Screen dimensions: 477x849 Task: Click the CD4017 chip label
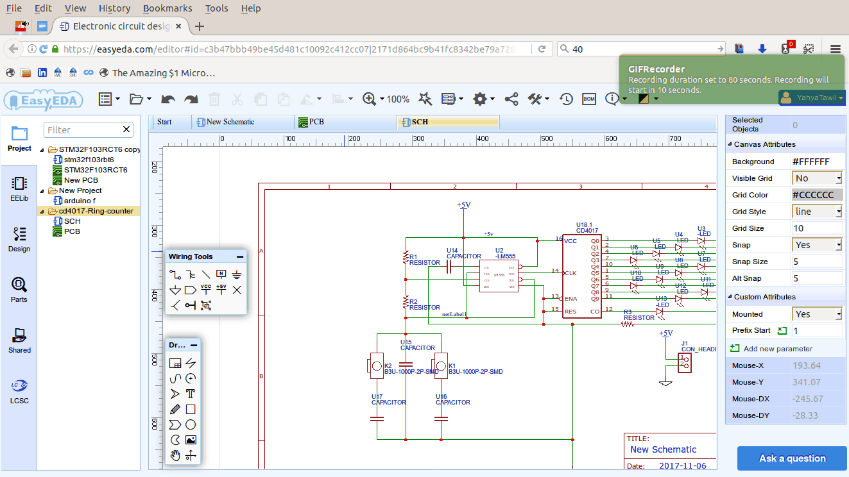pyautogui.click(x=587, y=230)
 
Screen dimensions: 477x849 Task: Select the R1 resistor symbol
pyautogui.click(x=406, y=257)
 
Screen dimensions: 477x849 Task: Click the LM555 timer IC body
pyautogui.click(x=499, y=276)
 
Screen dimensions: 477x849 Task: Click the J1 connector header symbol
pyautogui.click(x=685, y=363)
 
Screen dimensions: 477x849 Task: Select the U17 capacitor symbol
pyautogui.click(x=377, y=419)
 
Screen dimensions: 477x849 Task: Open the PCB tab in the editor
pyautogui.click(x=317, y=122)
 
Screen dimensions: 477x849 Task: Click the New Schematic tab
pyautogui.click(x=230, y=122)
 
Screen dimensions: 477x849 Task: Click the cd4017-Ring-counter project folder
pyautogui.click(x=96, y=211)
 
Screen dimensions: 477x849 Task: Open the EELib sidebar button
pyautogui.click(x=19, y=188)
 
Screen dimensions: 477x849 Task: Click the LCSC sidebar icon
pyautogui.click(x=19, y=391)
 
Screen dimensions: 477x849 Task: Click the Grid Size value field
pyautogui.click(x=816, y=228)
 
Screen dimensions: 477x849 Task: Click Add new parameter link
pyautogui.click(x=777, y=349)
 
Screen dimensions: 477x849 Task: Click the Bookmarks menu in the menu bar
pyautogui.click(x=167, y=8)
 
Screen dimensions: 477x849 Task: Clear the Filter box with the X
pyautogui.click(x=126, y=130)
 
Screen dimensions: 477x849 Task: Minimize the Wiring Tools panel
pyautogui.click(x=240, y=256)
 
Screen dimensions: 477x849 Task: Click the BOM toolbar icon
pyautogui.click(x=588, y=99)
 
